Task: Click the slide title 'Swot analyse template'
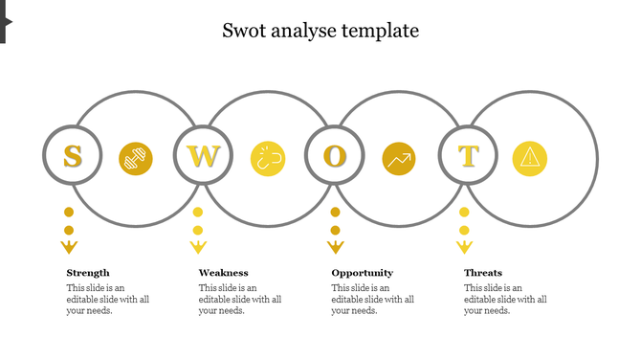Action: coord(320,31)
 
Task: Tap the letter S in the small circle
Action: coord(72,155)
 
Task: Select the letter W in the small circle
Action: coord(203,155)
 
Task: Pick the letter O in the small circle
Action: coord(334,155)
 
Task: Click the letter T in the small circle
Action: coord(468,155)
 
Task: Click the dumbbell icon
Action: coord(136,159)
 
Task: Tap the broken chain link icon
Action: coord(268,159)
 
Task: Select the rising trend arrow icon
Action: coord(398,159)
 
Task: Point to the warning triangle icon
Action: coord(529,159)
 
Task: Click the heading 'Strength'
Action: coord(88,273)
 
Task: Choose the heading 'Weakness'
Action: coord(223,273)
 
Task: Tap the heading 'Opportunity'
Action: coord(362,273)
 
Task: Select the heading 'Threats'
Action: coord(483,273)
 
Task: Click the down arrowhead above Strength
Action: coord(69,248)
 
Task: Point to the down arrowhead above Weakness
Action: coord(198,248)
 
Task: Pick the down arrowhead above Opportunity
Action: coord(335,248)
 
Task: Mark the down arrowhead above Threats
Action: coord(464,248)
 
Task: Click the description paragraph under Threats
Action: coord(505,299)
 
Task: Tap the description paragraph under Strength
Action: coord(107,299)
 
